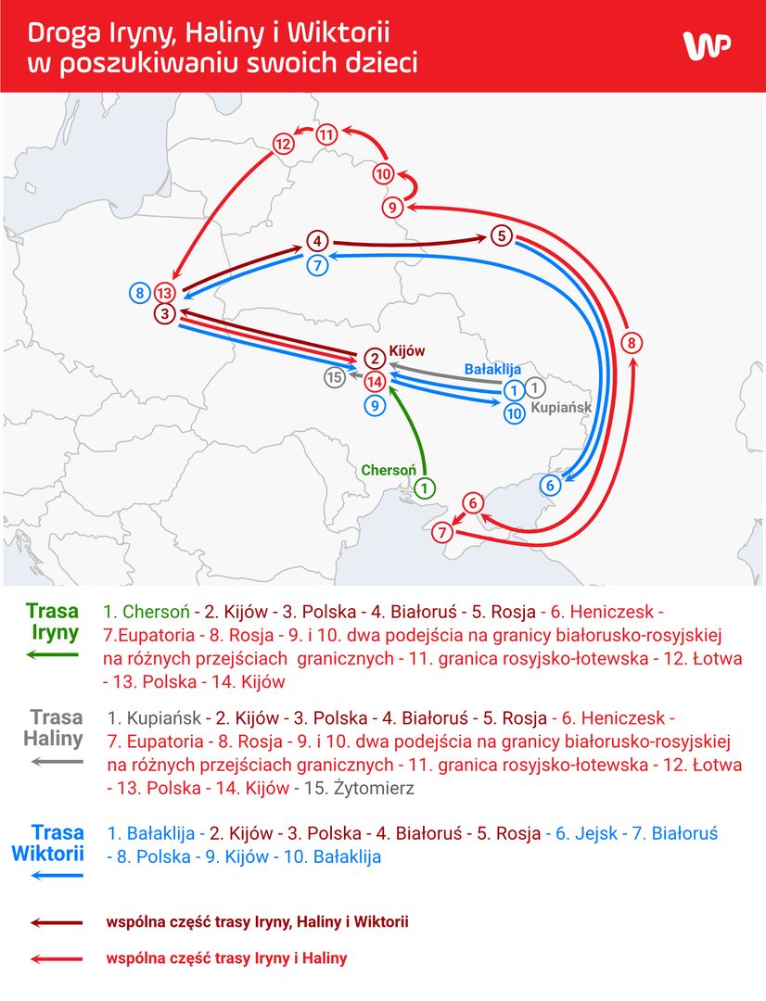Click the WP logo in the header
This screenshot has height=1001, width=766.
click(x=708, y=46)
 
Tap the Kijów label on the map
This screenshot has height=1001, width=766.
click(x=407, y=350)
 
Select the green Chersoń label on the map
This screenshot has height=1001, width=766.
click(x=389, y=470)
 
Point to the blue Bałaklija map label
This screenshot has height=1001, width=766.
click(x=492, y=369)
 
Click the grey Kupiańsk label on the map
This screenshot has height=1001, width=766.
click(x=562, y=407)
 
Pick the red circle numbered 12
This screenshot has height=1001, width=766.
click(x=283, y=144)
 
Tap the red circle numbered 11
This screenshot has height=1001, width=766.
click(x=326, y=134)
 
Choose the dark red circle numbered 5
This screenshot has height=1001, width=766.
click(x=502, y=235)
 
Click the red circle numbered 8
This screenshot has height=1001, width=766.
click(x=632, y=343)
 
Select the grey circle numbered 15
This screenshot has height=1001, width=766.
click(x=334, y=377)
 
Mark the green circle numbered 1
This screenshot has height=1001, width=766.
click(x=425, y=488)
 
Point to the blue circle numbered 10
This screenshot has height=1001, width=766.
click(x=515, y=413)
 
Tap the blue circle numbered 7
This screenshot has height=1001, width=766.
click(x=317, y=264)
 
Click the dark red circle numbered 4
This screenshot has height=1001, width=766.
click(x=317, y=241)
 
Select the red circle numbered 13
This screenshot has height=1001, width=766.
click(x=165, y=293)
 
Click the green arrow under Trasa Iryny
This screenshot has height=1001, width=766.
click(x=52, y=654)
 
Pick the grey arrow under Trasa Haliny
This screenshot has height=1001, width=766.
click(x=57, y=761)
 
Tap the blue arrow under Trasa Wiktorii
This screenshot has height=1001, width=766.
click(x=57, y=875)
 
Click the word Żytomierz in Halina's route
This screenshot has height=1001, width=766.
click(x=374, y=789)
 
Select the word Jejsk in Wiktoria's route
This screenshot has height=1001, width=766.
click(x=596, y=834)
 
